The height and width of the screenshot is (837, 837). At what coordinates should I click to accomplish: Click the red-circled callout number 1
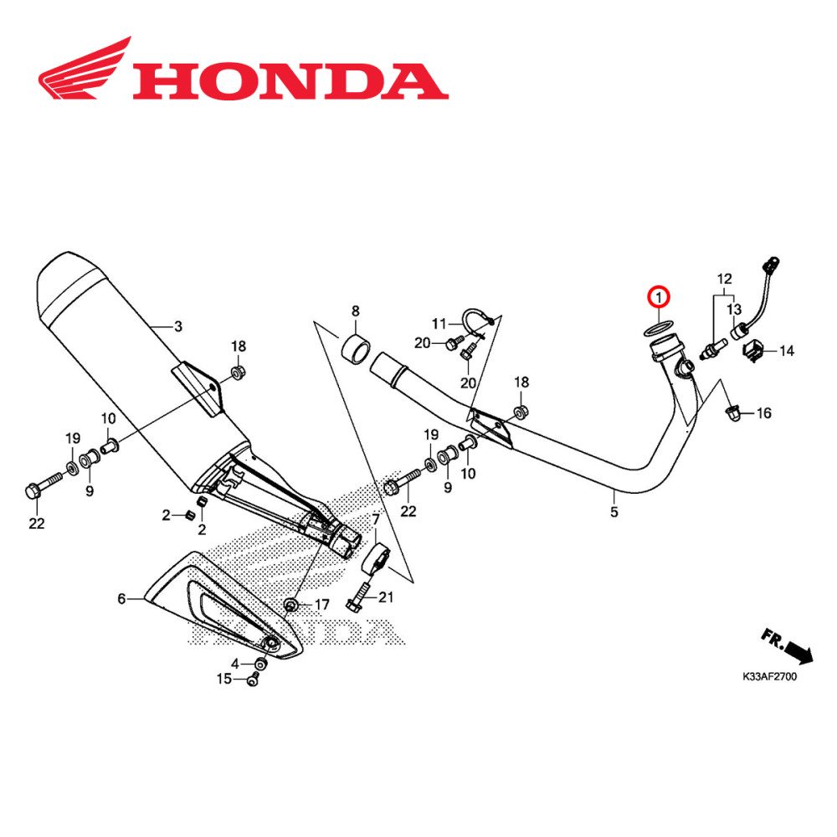[659, 296]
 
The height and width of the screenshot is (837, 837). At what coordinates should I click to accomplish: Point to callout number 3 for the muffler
[177, 326]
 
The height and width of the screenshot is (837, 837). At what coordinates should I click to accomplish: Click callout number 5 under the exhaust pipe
[614, 511]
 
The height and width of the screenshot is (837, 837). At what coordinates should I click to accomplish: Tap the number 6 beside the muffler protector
[122, 598]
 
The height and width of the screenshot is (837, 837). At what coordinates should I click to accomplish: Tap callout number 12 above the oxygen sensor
[724, 278]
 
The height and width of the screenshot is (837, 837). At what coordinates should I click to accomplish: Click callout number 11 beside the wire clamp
[440, 323]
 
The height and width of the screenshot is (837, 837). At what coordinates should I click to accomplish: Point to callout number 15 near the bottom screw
[224, 679]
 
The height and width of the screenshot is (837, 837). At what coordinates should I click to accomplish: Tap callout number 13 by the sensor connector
[734, 310]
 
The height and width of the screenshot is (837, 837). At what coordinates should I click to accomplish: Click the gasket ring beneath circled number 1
[657, 327]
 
